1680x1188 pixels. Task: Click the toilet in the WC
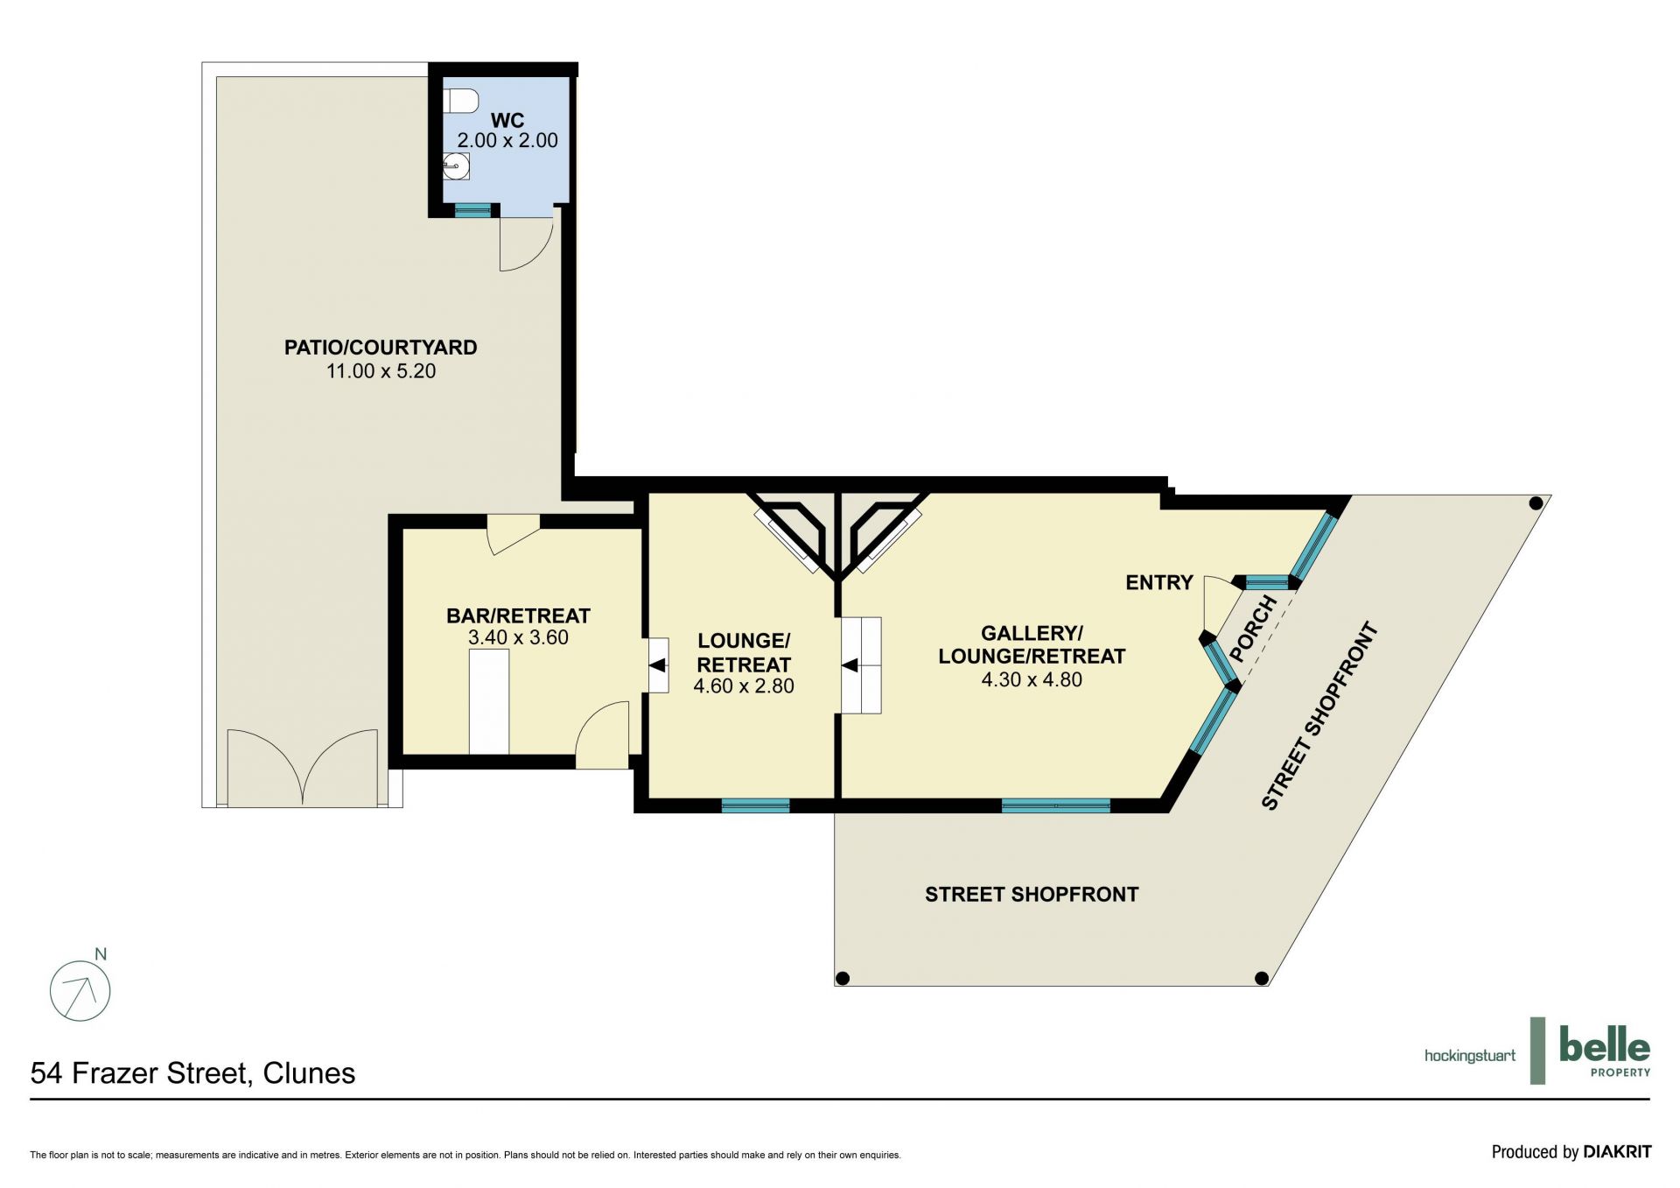click(x=460, y=101)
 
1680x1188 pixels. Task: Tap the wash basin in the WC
click(x=456, y=165)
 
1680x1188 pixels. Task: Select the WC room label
click(x=507, y=121)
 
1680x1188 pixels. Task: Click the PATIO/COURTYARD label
click(x=381, y=348)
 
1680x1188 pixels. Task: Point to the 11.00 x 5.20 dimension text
click(x=381, y=371)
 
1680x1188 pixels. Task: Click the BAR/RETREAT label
click(x=518, y=615)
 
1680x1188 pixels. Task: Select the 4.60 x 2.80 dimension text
click(x=744, y=686)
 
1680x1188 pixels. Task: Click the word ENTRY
click(x=1159, y=582)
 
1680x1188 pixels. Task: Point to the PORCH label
click(x=1253, y=628)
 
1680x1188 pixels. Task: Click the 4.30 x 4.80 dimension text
click(x=1032, y=679)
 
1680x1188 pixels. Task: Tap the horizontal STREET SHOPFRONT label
click(x=1032, y=894)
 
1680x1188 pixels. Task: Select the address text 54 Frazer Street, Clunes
click(x=192, y=1073)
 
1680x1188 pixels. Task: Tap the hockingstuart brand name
click(x=1470, y=1056)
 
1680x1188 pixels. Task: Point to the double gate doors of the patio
click(x=303, y=768)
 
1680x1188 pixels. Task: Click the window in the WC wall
click(x=473, y=210)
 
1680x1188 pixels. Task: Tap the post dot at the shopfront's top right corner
click(x=1536, y=503)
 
